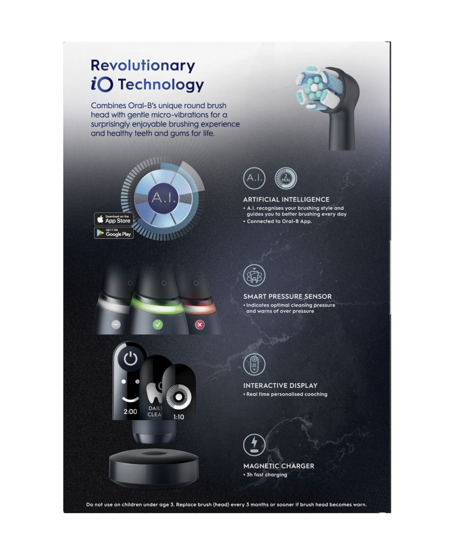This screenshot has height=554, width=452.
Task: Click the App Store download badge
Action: pyautogui.click(x=114, y=219)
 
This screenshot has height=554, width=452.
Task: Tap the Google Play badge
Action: pyautogui.click(x=114, y=233)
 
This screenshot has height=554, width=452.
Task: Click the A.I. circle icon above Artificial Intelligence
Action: pyautogui.click(x=254, y=178)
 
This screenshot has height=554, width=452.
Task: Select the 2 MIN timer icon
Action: pyautogui.click(x=286, y=178)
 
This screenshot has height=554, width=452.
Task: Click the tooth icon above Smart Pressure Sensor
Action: pyautogui.click(x=254, y=275)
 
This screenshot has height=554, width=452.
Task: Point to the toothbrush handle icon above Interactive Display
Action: pyautogui.click(x=254, y=364)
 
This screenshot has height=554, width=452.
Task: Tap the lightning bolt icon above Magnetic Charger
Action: pyautogui.click(x=254, y=445)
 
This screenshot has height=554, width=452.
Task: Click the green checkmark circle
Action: pyautogui.click(x=158, y=324)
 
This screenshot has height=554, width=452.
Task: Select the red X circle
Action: pyautogui.click(x=200, y=325)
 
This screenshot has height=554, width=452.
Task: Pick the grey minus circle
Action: pyautogui.click(x=116, y=324)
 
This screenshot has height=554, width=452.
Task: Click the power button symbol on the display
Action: pyautogui.click(x=130, y=359)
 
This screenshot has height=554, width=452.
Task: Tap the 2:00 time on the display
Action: pyautogui.click(x=130, y=411)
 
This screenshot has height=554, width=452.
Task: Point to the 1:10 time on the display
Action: pyautogui.click(x=179, y=417)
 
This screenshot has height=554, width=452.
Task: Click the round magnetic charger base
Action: pyautogui.click(x=154, y=468)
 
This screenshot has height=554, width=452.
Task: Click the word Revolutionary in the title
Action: pyautogui.click(x=143, y=66)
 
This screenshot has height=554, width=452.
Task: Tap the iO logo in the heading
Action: pyautogui.click(x=102, y=85)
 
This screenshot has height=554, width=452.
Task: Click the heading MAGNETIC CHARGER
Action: pyautogui.click(x=278, y=466)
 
